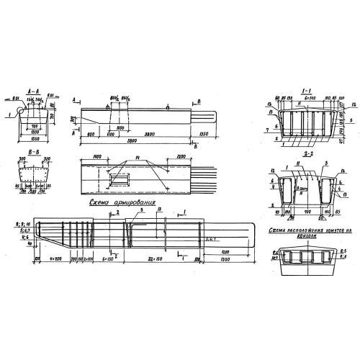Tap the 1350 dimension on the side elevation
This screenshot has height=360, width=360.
(x=203, y=134)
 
